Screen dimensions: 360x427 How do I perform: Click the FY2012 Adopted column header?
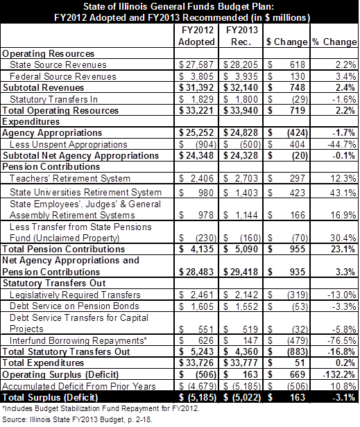196,35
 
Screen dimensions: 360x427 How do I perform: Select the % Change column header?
334,42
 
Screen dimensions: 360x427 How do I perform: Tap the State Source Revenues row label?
58,65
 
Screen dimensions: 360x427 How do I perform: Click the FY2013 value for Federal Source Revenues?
241,76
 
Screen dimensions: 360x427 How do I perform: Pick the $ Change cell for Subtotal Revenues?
286,87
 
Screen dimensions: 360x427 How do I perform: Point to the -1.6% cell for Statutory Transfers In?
344,99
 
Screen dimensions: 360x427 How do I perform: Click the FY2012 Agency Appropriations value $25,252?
196,132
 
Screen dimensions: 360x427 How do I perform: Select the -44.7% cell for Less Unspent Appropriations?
341,144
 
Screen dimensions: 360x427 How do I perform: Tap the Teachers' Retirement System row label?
70,178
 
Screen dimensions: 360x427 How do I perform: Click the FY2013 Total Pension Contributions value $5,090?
241,249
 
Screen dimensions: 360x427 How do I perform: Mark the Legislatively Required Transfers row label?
75,295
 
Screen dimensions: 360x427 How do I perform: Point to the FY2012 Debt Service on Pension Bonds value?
196,306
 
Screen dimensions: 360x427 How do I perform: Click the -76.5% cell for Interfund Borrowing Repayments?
343,340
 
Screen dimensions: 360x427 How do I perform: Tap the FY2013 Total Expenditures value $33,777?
241,363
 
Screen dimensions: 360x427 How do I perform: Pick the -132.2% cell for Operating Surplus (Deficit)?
339,374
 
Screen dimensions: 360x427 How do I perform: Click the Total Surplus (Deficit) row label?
50,397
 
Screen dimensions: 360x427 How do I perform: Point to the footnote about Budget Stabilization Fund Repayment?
101,408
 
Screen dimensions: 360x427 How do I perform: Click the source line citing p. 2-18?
76,419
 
